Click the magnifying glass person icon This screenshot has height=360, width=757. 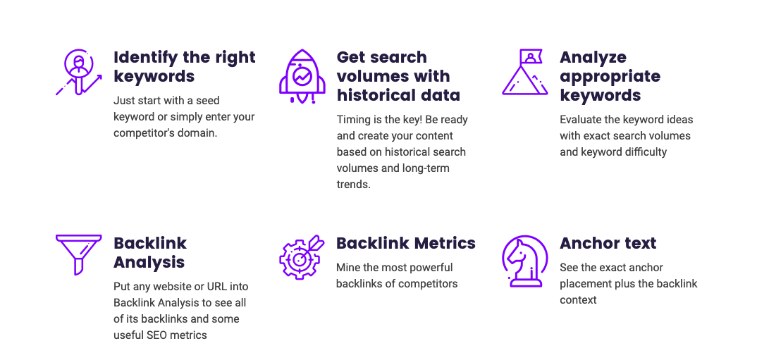[x=79, y=72]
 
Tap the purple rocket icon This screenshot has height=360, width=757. [x=302, y=76]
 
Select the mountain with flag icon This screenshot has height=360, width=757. [x=525, y=72]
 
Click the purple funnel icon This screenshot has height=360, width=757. [x=78, y=255]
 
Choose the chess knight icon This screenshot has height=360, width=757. [x=525, y=261]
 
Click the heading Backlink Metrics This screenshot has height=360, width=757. [x=406, y=243]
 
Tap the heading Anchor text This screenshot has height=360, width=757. [x=608, y=243]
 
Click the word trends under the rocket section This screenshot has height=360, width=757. [x=353, y=185]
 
